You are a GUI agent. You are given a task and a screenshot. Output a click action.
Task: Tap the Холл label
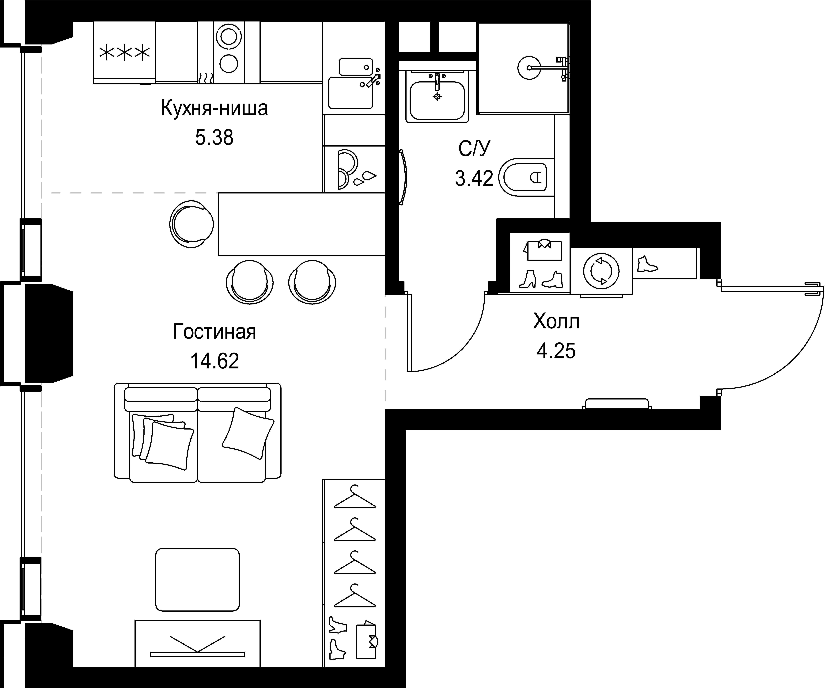(556, 321)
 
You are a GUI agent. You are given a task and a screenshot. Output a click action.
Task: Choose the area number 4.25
(556, 350)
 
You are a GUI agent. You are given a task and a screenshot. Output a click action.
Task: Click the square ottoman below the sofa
(197, 580)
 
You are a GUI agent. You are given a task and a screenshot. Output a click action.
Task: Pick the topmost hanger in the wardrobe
(355, 498)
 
